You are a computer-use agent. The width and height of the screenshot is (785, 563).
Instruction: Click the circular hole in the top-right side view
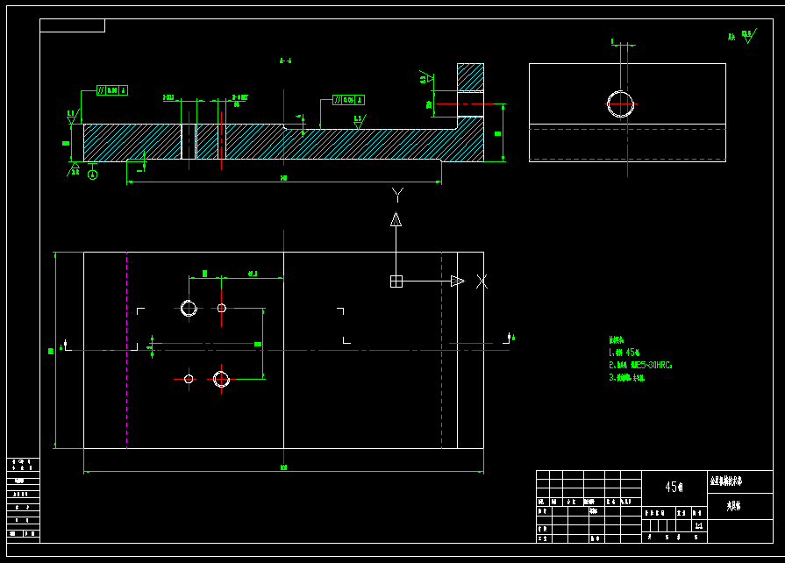[621, 103]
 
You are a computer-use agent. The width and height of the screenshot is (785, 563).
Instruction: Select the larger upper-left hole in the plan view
[189, 308]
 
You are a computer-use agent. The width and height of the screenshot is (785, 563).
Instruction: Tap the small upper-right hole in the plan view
[222, 308]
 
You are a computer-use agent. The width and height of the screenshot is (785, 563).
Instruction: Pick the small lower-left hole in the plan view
[189, 379]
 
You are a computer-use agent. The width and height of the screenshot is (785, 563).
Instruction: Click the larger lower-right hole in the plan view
[221, 379]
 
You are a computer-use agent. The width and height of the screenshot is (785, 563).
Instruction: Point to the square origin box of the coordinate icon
[396, 281]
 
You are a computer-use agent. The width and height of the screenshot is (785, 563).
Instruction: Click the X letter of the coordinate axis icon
[482, 281]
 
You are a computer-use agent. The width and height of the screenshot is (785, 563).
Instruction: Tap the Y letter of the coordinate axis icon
[396, 193]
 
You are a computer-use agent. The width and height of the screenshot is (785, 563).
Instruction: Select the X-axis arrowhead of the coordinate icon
[456, 281]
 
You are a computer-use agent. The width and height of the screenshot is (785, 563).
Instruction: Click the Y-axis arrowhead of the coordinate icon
[396, 219]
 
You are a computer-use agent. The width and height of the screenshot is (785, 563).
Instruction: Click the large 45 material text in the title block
[674, 488]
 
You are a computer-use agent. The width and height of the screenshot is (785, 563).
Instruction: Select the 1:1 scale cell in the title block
[698, 526]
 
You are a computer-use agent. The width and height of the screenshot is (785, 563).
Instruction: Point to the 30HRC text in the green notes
[653, 365]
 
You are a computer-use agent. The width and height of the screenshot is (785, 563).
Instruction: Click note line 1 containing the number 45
[627, 352]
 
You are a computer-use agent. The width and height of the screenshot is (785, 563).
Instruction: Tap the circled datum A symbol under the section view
[93, 175]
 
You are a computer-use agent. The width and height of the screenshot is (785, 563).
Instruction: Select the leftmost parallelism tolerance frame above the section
[112, 90]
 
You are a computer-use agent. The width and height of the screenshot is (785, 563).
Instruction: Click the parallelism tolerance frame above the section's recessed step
[349, 100]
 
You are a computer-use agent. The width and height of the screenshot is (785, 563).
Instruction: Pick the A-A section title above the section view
[285, 61]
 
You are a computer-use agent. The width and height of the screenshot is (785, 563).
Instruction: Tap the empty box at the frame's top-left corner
[72, 25]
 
